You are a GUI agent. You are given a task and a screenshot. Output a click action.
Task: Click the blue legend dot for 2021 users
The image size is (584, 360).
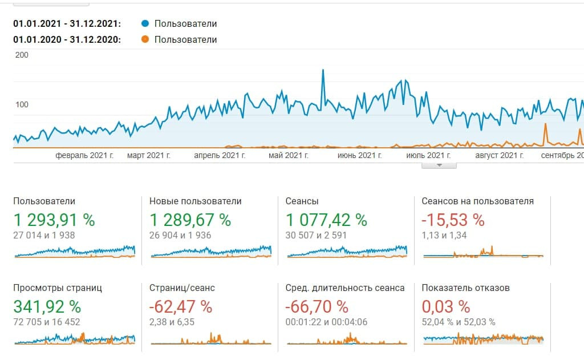tap(145, 23)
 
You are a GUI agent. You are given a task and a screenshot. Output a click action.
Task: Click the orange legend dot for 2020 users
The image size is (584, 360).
tap(145, 39)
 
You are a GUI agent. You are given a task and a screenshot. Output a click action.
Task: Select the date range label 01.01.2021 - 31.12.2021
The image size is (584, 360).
tap(67, 24)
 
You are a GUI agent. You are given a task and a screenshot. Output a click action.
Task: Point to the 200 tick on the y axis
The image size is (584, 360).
tap(22, 55)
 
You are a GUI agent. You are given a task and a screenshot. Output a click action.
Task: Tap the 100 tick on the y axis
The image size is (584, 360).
tap(22, 104)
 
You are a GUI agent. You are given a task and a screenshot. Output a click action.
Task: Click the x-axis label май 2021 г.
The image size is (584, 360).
tap(288, 155)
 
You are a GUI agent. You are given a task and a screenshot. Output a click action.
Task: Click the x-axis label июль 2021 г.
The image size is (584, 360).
tap(428, 155)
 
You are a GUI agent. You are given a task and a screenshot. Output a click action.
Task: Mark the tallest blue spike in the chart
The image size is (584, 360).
tap(323, 71)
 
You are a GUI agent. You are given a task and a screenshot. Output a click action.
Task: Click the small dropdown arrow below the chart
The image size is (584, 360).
tap(439, 165)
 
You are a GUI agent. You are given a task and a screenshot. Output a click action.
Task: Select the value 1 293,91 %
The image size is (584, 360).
tap(54, 220)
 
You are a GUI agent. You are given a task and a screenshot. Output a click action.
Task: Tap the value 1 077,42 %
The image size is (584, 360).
tap(326, 220)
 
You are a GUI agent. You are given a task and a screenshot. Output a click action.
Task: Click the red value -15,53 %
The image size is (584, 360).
tap(453, 220)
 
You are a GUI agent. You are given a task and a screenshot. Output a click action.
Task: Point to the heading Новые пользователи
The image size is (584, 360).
tap(195, 201)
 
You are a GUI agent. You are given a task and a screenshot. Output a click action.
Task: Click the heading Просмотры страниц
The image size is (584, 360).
tap(58, 288)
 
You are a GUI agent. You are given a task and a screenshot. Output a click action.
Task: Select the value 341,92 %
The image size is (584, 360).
tap(47, 306)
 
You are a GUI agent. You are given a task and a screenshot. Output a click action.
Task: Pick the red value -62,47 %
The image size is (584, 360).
tap(180, 306)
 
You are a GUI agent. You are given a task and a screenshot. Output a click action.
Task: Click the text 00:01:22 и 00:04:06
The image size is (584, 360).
tap(326, 322)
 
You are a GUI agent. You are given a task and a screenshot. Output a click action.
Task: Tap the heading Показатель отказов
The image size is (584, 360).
tap(465, 288)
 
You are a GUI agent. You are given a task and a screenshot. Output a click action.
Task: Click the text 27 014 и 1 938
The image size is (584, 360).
tap(44, 235)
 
